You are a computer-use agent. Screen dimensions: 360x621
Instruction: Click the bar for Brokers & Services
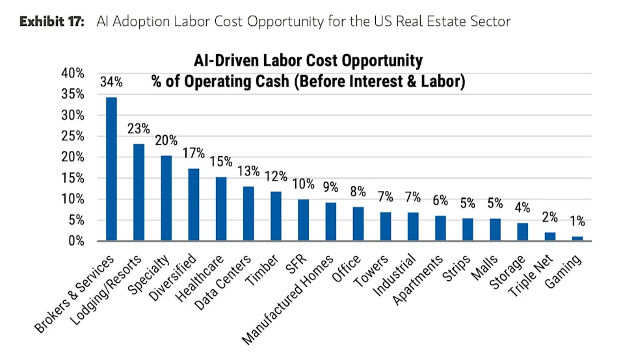point(111,169)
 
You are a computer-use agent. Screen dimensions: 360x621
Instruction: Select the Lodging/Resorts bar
point(139,192)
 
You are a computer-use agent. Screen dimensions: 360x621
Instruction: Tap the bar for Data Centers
point(248,213)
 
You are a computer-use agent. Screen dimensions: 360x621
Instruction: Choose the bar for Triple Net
point(550,237)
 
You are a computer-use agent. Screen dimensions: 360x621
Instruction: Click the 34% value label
point(111,83)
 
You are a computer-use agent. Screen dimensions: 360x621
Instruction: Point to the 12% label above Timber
point(276,177)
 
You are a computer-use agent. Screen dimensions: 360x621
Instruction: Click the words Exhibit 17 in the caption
point(52,21)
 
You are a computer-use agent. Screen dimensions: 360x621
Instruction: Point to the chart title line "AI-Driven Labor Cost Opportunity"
point(308,61)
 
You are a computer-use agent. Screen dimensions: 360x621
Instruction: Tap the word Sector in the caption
point(492,21)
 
